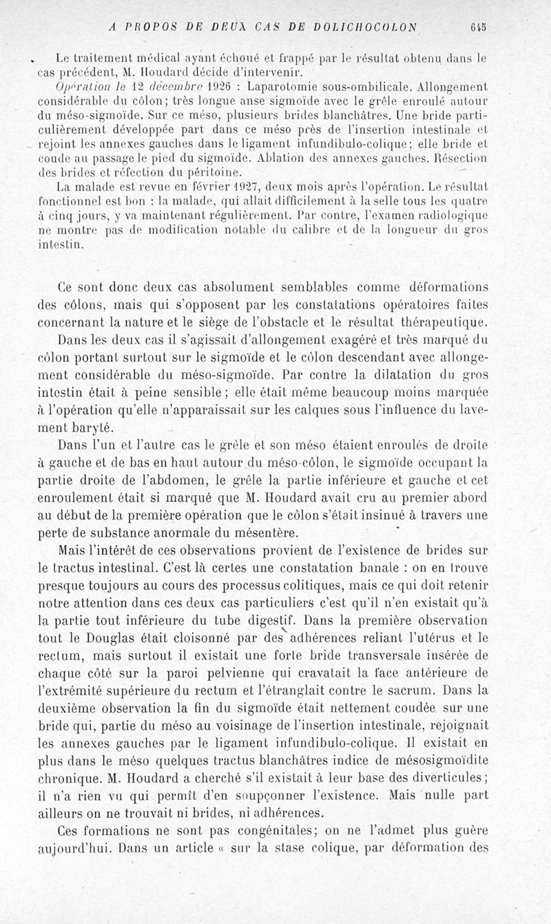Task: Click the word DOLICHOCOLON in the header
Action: point(365,28)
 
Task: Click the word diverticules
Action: point(442,777)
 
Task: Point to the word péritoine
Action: point(209,173)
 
